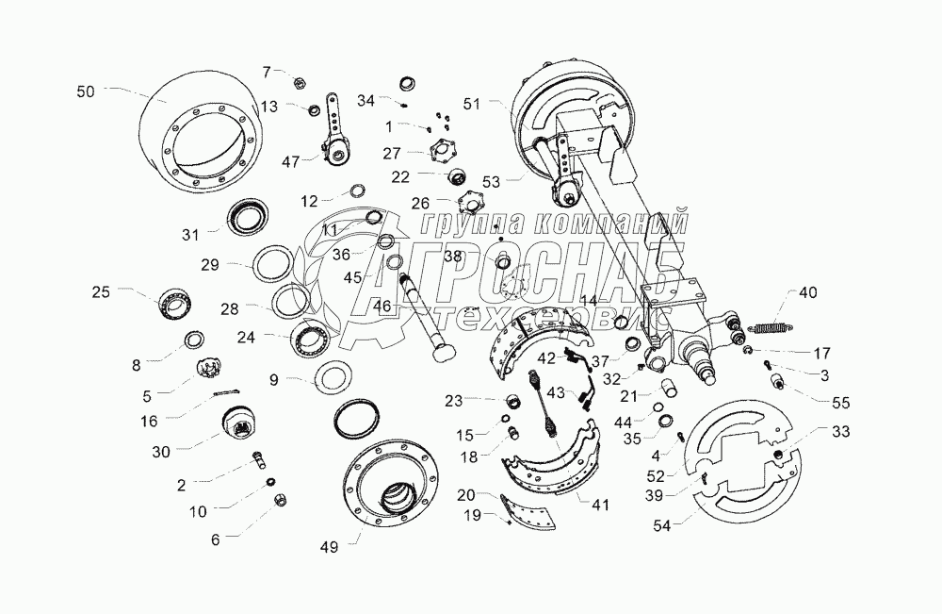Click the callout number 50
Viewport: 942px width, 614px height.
pos(86,92)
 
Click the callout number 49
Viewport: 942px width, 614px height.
pos(329,547)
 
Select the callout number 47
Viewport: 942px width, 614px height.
pos(290,162)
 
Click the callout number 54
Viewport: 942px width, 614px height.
pos(662,525)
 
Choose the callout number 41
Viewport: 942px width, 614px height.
pos(599,505)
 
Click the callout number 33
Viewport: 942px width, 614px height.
pos(841,431)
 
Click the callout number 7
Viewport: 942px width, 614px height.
pos(267,73)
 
